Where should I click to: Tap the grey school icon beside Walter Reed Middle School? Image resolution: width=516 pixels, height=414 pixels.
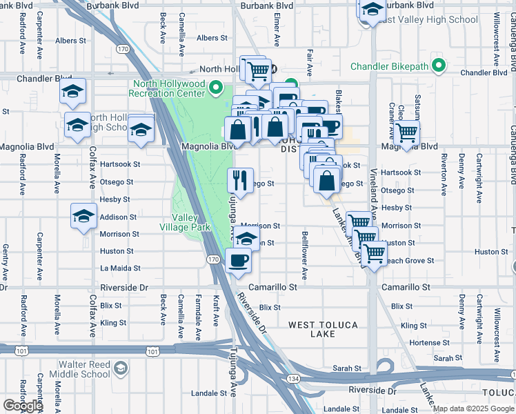coord(121,368)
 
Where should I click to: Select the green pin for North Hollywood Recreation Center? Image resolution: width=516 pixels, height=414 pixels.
coord(216,87)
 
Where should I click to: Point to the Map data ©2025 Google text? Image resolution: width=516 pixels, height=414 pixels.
coord(473,408)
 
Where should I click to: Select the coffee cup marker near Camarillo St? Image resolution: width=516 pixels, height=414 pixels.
coord(239,261)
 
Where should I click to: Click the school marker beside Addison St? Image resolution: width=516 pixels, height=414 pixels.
coord(83,215)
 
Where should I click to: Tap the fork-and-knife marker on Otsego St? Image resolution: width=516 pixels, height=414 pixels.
coord(240,180)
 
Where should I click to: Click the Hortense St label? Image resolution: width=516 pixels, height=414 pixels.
coord(424,343)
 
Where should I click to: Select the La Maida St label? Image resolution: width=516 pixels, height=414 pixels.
coord(120,268)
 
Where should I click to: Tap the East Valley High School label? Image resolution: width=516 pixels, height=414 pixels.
coord(428,20)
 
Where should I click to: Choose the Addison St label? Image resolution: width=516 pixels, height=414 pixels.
coord(115,217)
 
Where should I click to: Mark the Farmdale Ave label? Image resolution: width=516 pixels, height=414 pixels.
coord(198,317)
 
